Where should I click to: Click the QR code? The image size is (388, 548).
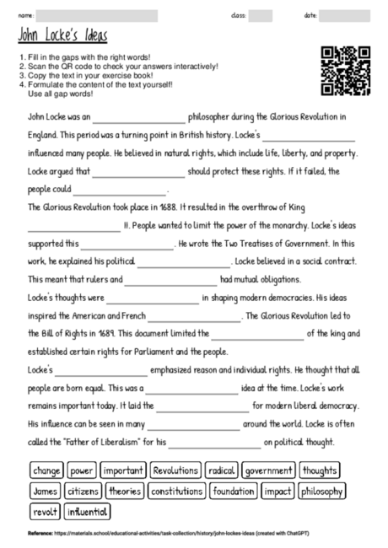(x=347, y=71)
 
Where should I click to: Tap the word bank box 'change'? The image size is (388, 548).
(x=47, y=470)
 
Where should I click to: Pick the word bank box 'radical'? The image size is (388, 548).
(x=222, y=470)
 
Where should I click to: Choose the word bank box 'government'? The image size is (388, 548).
(x=269, y=470)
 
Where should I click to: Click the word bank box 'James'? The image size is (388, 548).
(x=45, y=491)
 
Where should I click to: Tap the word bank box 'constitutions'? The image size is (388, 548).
(x=177, y=491)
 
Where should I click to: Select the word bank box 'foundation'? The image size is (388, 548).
(x=234, y=491)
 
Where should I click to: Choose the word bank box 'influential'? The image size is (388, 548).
(x=87, y=511)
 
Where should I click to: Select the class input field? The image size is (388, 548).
(x=261, y=15)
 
